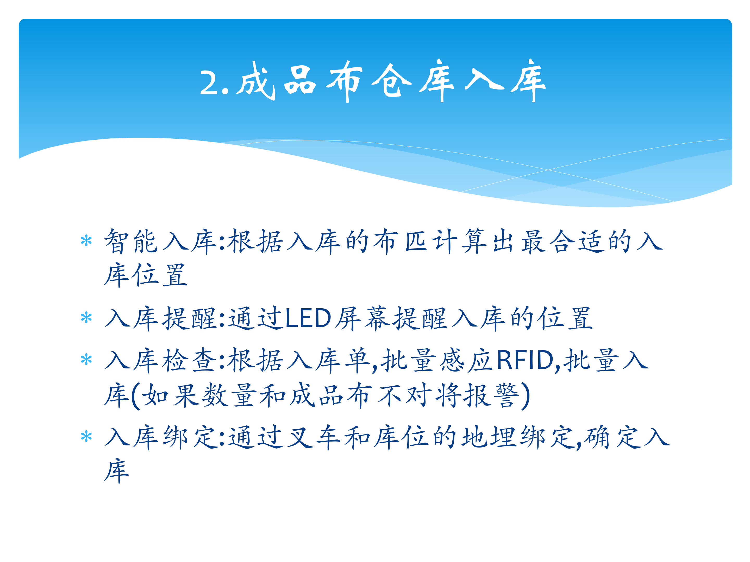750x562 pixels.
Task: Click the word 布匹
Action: pyautogui.click(x=400, y=241)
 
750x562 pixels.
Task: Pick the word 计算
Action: pyautogui.click(x=459, y=241)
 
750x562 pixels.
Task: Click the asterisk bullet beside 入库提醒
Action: pyautogui.click(x=86, y=317)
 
